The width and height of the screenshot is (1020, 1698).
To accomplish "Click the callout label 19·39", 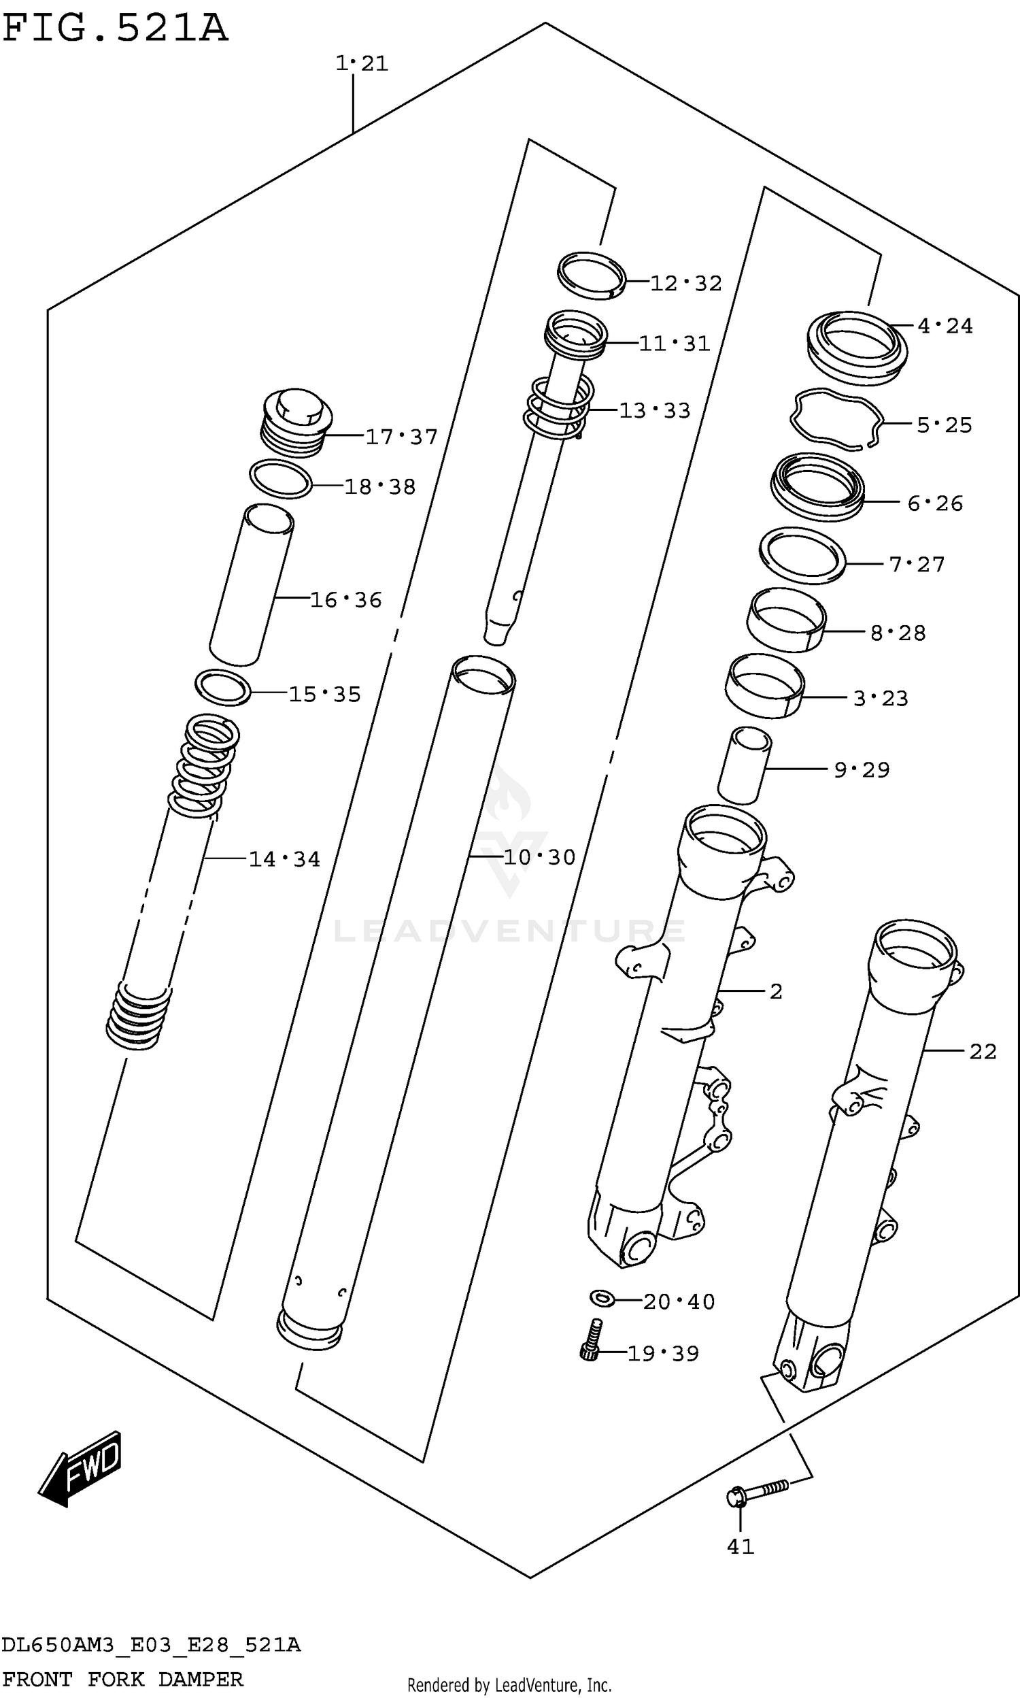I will [662, 1354].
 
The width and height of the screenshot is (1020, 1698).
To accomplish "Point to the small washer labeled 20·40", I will [602, 1299].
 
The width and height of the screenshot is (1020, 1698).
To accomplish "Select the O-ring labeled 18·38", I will [279, 479].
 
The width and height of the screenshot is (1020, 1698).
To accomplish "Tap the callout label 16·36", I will [345, 600].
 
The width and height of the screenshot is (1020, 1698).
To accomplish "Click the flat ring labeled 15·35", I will [222, 687].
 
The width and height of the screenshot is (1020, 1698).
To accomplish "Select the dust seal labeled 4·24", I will [856, 347].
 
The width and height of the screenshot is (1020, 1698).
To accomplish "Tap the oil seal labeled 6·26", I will [817, 486].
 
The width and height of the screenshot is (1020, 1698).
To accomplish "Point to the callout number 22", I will [982, 1051].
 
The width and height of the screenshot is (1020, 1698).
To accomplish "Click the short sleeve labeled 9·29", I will [745, 765].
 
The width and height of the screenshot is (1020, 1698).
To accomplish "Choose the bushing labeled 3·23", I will [764, 686].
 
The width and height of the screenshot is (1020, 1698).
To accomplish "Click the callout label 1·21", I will [362, 63].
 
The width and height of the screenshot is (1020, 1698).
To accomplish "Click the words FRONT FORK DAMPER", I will [122, 1680].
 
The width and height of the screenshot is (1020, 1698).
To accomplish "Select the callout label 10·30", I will [539, 857].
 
